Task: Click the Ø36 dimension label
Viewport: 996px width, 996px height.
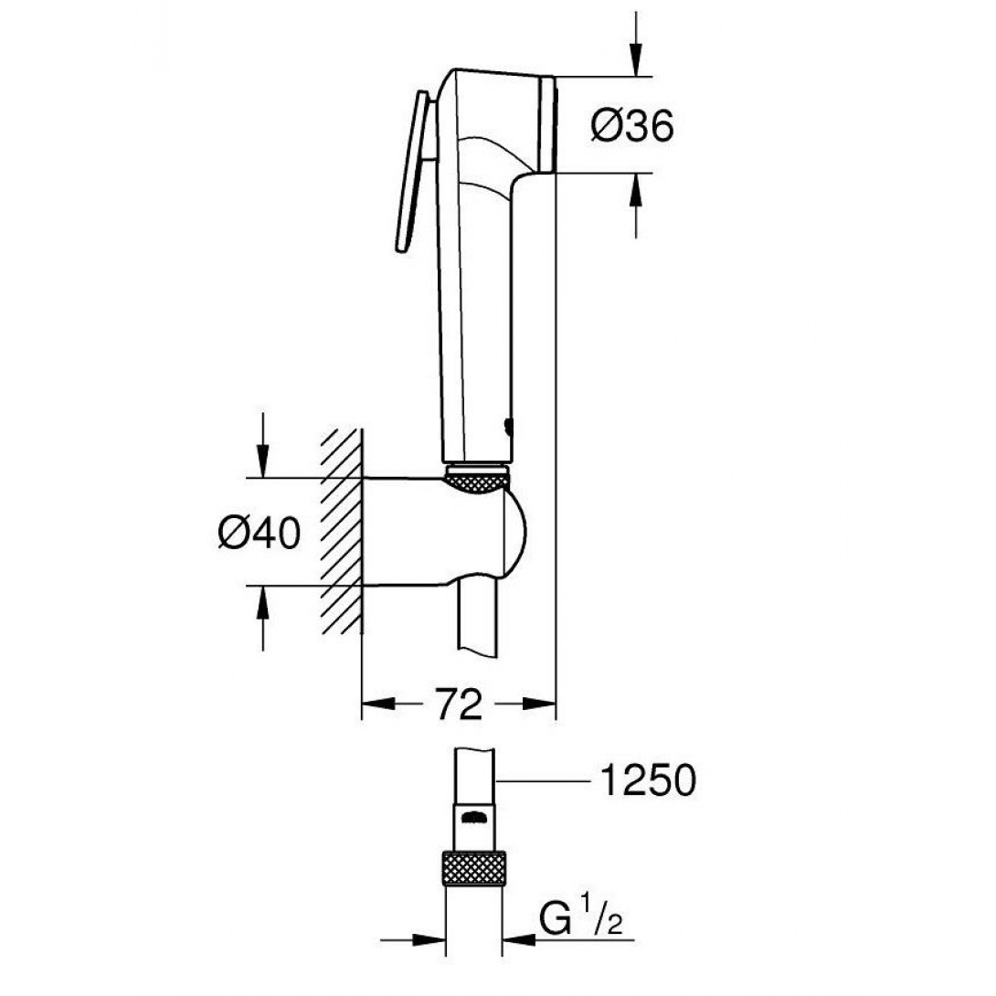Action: (632, 126)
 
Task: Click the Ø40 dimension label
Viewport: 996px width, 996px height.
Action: (260, 532)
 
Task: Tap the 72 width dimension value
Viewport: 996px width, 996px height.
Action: (460, 704)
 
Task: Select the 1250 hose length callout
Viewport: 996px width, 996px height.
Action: (648, 779)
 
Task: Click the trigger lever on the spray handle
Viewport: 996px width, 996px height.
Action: (413, 172)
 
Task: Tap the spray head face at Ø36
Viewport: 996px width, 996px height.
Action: (547, 124)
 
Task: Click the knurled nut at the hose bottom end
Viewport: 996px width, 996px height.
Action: (474, 868)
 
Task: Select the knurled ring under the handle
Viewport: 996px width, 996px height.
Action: (478, 479)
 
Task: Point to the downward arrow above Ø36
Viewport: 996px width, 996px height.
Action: (636, 44)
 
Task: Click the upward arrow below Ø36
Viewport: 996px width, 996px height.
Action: (636, 206)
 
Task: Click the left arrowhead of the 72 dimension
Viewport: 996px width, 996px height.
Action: (378, 704)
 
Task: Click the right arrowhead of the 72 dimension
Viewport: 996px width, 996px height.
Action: (539, 704)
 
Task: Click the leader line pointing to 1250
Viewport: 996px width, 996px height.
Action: (543, 780)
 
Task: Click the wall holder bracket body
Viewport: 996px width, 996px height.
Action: (439, 531)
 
